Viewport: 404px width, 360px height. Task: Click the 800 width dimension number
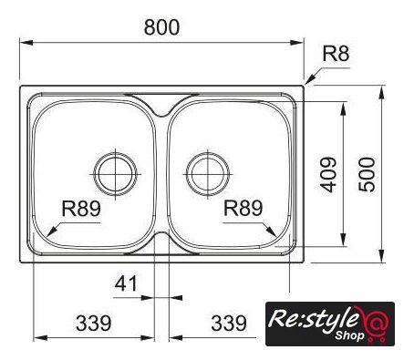[x=161, y=27]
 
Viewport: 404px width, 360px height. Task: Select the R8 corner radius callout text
[x=336, y=54]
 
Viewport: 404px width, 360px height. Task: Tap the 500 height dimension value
[x=367, y=174]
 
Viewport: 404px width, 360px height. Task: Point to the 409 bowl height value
[x=328, y=175]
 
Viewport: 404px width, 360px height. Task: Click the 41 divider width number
[x=126, y=283]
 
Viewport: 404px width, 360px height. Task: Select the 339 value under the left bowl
[x=94, y=324]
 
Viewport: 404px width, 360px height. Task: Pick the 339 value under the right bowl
[x=229, y=324]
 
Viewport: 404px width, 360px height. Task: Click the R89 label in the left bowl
[x=81, y=209]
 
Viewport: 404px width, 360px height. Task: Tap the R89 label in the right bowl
[x=243, y=208]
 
